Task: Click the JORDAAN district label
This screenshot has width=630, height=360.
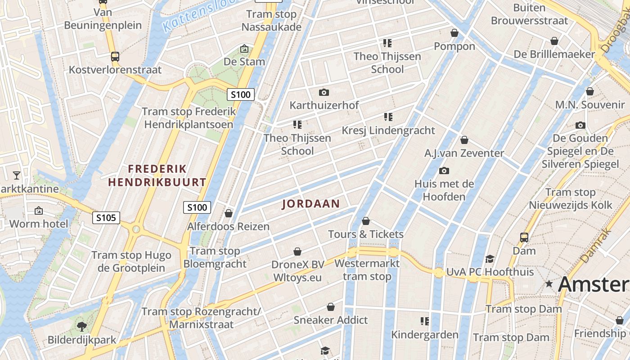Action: click(311, 204)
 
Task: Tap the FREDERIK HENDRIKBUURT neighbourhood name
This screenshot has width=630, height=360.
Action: click(157, 175)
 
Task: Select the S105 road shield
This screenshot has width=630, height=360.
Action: click(107, 218)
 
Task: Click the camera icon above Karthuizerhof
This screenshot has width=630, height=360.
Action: click(324, 93)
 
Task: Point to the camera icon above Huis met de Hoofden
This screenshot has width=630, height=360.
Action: click(444, 171)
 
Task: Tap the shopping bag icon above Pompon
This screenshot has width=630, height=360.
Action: click(454, 33)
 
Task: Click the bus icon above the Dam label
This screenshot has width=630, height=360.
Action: click(524, 237)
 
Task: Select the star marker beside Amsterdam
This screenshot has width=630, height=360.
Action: click(549, 284)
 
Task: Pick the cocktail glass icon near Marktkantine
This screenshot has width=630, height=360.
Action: click(17, 175)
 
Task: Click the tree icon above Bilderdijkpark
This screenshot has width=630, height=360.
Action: click(81, 326)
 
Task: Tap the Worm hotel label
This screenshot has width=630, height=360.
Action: click(39, 224)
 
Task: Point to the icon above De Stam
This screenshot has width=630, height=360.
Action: click(244, 49)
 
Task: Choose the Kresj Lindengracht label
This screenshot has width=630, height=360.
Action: click(388, 130)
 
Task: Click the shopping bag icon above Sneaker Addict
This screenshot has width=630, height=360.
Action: click(331, 307)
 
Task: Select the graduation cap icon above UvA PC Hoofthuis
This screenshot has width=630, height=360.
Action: click(490, 259)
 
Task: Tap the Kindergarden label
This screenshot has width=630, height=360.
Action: click(424, 334)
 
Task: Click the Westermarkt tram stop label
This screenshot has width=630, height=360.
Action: click(367, 270)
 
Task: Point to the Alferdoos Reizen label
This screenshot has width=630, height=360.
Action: click(228, 226)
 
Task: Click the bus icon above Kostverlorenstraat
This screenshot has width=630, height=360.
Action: click(115, 57)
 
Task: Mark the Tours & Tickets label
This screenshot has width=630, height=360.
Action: click(366, 234)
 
